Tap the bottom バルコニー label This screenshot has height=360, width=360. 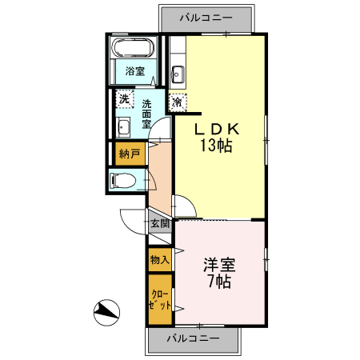coord(192,339)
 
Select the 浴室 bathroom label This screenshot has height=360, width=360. coord(134,72)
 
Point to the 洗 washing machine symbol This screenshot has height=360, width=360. coord(124,100)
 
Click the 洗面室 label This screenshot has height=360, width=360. coord(148,114)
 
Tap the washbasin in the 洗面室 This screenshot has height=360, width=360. coord(124,126)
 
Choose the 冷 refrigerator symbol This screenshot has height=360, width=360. coord(177,102)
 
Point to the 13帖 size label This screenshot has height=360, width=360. coord(216,146)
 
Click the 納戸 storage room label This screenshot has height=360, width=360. coord(128,153)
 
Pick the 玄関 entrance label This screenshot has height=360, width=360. coord(159,224)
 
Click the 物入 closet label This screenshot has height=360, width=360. coord(159,259)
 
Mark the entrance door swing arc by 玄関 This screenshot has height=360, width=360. coord(131,218)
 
